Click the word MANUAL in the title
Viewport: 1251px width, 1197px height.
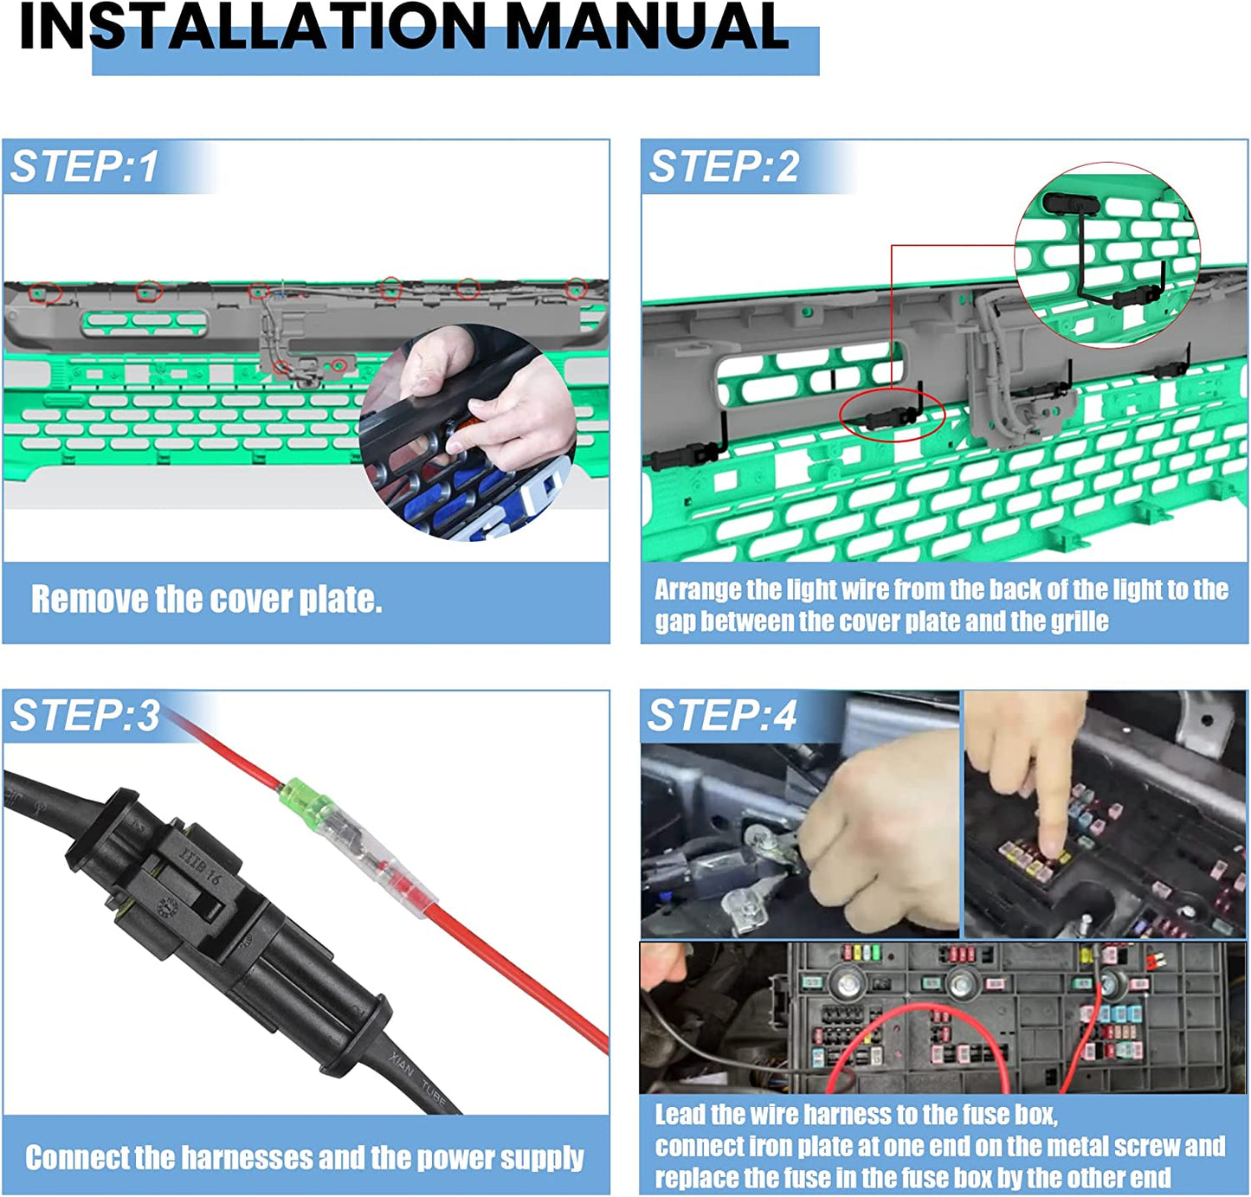pos(648,26)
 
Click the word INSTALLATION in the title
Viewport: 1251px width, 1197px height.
pos(253,26)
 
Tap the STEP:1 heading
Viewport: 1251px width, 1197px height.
pos(84,166)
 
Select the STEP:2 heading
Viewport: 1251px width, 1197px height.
pos(724,166)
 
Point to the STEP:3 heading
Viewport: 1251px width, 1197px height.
pos(84,716)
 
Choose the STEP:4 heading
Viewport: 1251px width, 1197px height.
pos(722,716)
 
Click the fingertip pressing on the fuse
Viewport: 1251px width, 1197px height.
pos(1053,847)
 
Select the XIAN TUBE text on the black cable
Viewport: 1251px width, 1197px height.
pos(418,1073)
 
